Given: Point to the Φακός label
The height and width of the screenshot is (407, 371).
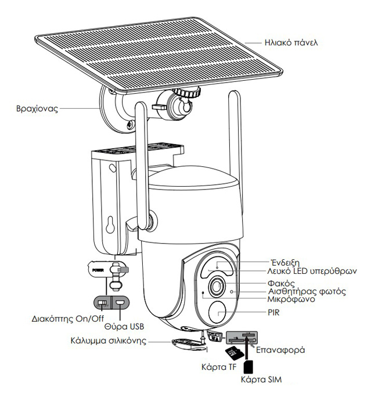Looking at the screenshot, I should [285, 283].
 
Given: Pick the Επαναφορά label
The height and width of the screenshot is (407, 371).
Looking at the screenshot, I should [280, 351].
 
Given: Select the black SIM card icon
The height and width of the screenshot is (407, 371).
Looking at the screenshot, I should [248, 367].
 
